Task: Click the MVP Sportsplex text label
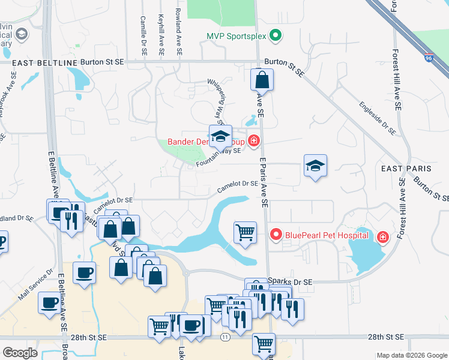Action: point(236,37)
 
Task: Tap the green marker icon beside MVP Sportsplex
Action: point(276,37)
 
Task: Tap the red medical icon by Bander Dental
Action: point(254,141)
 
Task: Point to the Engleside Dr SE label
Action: point(378,118)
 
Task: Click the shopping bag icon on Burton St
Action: point(262,79)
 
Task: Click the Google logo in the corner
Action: point(20,352)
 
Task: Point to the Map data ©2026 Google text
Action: point(411,355)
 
